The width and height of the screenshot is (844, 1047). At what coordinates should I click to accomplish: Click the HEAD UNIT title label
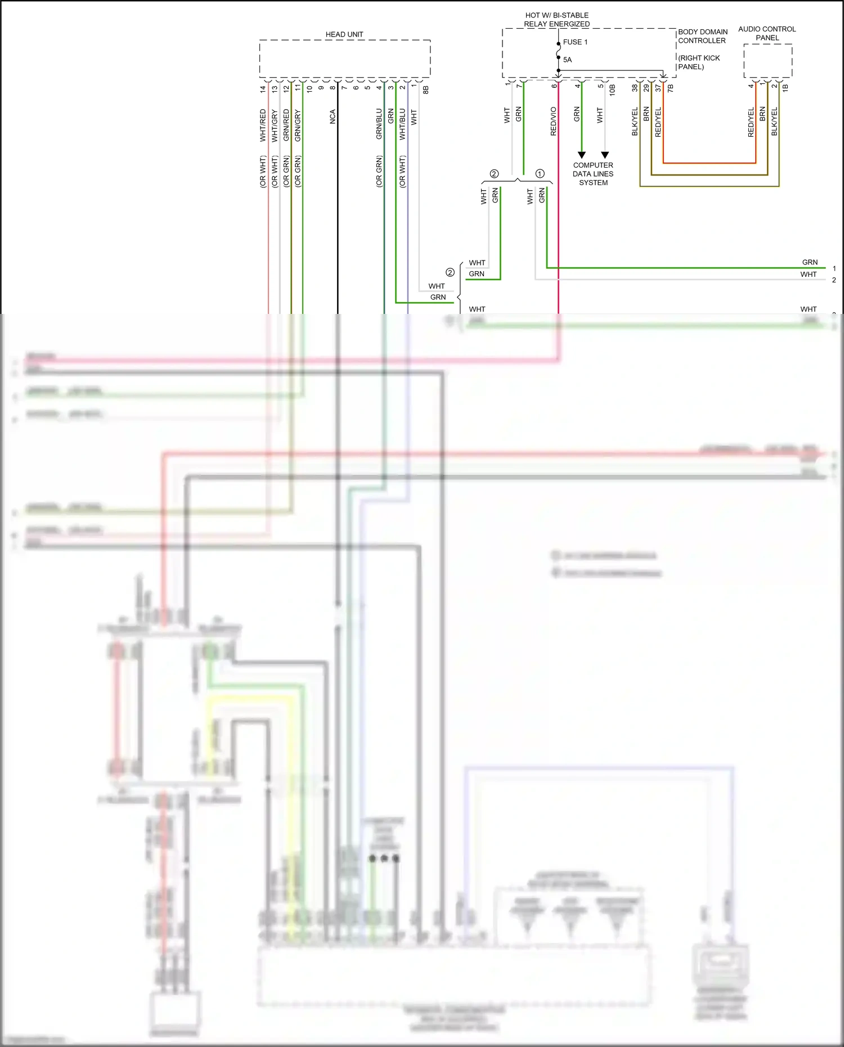[x=344, y=34]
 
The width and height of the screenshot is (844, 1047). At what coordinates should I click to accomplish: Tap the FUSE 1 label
[x=575, y=42]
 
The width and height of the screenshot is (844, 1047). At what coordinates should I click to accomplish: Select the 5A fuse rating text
[x=567, y=60]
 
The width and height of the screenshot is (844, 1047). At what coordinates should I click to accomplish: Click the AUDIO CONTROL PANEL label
[x=767, y=33]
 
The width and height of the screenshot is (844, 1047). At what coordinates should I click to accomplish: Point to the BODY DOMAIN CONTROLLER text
[x=702, y=36]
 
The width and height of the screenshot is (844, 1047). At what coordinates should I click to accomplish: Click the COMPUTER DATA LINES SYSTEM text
[x=593, y=174]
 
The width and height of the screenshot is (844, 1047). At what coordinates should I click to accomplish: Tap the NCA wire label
[x=333, y=116]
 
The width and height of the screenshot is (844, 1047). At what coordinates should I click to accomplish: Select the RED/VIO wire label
[x=553, y=122]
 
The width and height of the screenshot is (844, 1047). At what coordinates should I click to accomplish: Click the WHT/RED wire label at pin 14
[x=263, y=125]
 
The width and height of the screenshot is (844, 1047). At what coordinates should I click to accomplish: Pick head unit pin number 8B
[x=426, y=89]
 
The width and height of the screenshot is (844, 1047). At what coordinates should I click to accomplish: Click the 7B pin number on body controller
[x=670, y=88]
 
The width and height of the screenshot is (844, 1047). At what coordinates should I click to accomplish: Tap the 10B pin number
[x=612, y=89]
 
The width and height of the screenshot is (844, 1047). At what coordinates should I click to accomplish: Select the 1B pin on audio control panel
[x=785, y=88]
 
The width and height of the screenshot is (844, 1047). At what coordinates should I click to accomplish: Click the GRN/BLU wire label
[x=379, y=124]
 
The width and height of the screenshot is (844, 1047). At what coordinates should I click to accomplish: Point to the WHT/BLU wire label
[x=402, y=124]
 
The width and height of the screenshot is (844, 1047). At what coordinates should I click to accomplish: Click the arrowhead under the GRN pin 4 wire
[x=582, y=155]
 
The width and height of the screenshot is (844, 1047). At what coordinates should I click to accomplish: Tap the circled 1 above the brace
[x=540, y=174]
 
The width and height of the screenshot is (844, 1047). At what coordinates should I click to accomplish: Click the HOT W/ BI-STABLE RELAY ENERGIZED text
[x=556, y=20]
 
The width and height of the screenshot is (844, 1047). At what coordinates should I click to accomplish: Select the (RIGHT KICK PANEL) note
[x=699, y=62]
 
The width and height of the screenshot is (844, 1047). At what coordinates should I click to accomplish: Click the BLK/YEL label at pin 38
[x=635, y=122]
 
